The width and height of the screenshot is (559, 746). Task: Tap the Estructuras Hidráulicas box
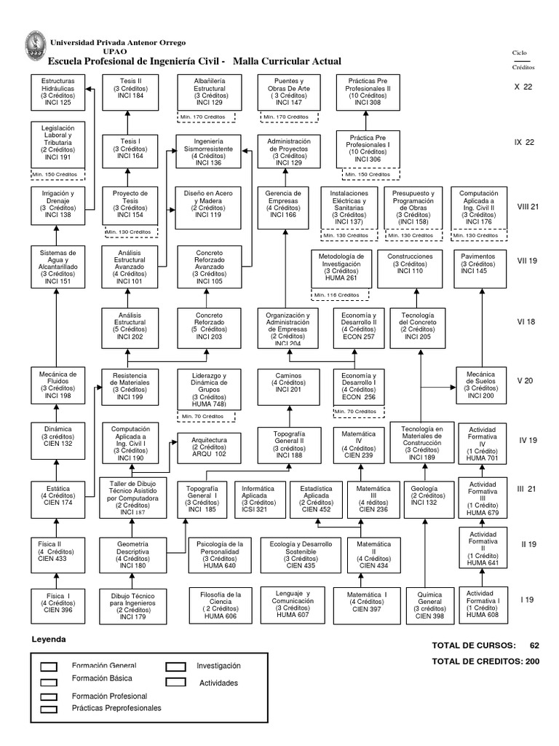click(x=58, y=92)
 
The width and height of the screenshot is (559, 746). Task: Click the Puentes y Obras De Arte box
click(x=289, y=92)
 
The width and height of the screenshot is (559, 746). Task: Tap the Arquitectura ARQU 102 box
click(x=209, y=447)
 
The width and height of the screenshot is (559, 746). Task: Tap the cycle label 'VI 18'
click(x=526, y=321)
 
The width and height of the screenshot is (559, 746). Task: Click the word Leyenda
click(x=49, y=639)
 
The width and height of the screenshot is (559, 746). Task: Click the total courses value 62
click(x=534, y=645)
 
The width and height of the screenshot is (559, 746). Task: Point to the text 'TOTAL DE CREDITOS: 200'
click(x=485, y=661)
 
